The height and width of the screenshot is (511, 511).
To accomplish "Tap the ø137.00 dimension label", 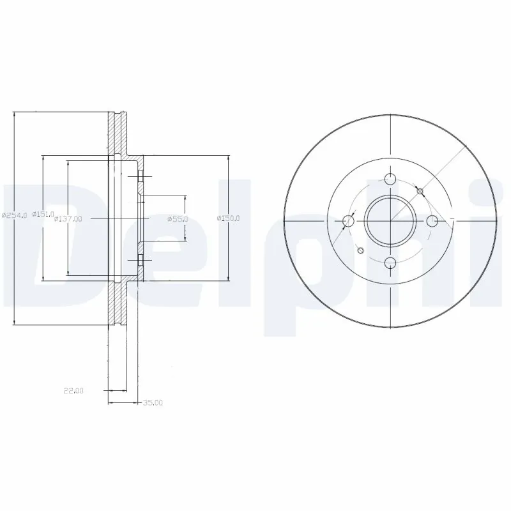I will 68,218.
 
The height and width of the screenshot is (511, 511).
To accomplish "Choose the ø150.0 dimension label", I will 228,218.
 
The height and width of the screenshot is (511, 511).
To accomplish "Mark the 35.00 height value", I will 153,403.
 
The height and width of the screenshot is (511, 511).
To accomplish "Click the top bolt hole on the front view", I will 390,179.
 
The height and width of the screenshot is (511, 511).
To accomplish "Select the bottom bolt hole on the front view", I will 390,263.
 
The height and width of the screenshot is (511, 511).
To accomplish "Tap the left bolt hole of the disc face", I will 348,221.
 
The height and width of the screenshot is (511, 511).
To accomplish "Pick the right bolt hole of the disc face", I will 432,221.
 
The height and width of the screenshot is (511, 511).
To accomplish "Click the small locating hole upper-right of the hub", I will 420,191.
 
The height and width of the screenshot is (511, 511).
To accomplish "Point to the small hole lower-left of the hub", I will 360,250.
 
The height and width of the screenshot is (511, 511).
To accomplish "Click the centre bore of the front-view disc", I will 390,221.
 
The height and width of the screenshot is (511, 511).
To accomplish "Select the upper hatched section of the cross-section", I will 116,133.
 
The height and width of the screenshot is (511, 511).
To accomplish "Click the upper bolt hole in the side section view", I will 141,176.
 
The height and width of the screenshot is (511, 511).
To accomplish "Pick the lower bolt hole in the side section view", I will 141,260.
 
